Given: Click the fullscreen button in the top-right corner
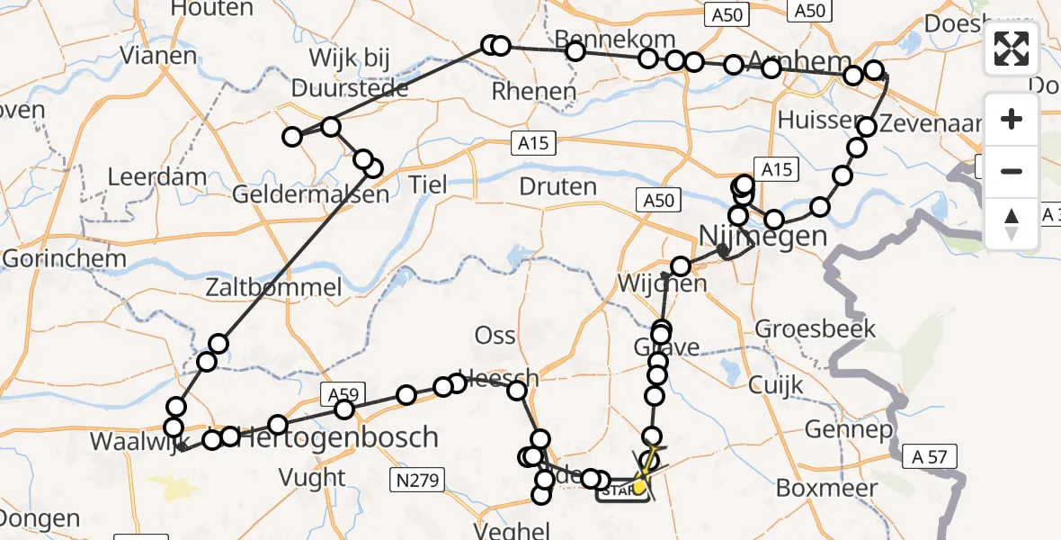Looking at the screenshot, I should pos(1012,49).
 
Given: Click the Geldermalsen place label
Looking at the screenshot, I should pos(310,193).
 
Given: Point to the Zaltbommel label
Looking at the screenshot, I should pos(273,288).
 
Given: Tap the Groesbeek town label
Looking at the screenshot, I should pos(816,328).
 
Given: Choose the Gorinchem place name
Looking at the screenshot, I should pos(64,258).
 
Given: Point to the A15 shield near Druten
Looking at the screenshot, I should pos(537,143).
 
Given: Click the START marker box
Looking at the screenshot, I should pos(620,490).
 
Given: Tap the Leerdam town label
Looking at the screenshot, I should pos(157,176).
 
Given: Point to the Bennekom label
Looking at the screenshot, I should pos(615,39).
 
